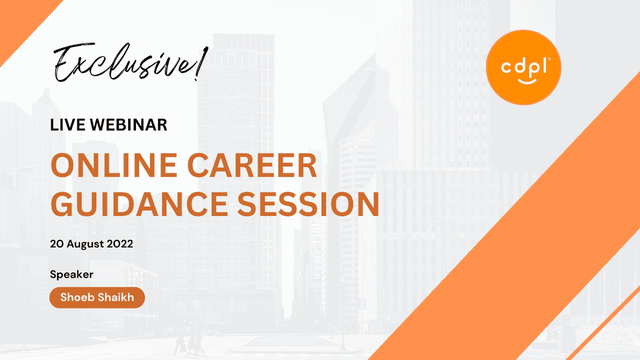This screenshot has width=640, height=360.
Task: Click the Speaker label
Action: click(x=71, y=275)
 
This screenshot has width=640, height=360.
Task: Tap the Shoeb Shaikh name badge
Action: click(x=97, y=298)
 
